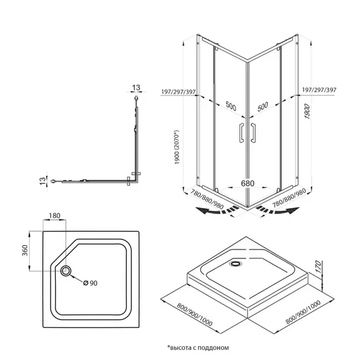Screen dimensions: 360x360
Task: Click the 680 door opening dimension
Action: click(248, 183)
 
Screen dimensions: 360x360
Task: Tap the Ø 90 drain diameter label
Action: click(90, 283)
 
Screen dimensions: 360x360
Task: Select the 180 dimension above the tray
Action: click(55, 216)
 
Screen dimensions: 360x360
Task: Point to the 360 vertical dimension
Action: click(25, 251)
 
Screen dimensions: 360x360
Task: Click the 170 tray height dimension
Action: click(318, 267)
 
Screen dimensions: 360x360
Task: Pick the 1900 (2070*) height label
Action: click(177, 147)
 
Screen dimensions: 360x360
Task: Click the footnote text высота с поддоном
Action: click(198, 347)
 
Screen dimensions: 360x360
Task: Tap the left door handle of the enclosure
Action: click(241, 133)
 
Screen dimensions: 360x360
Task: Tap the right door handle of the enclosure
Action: click(253, 133)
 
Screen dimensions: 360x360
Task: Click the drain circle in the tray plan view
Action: click(66, 271)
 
